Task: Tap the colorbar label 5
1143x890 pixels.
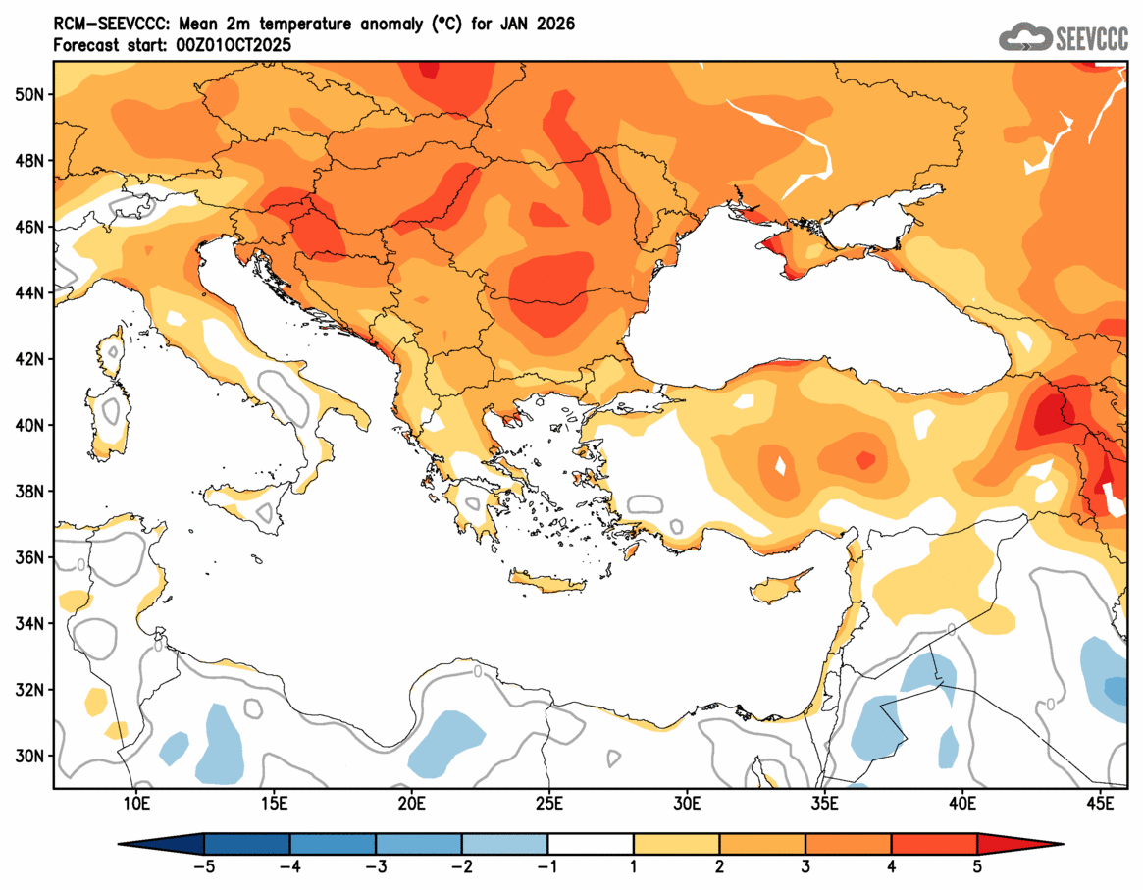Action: click(977, 866)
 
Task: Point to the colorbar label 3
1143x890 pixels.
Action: click(805, 866)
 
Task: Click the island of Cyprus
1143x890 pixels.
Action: click(780, 587)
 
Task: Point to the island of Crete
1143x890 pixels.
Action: click(546, 585)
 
